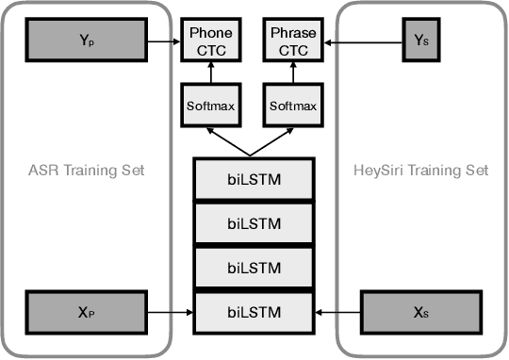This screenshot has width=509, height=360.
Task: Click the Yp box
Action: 86,41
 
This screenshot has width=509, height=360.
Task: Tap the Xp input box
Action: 86,308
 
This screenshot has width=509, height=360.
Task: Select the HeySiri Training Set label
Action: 421,171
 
